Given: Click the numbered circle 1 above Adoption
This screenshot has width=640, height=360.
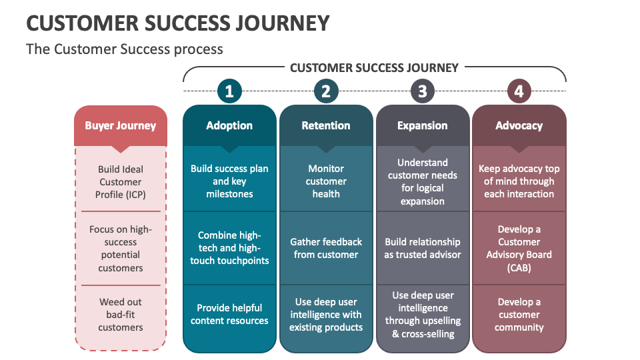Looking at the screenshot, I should [229, 91].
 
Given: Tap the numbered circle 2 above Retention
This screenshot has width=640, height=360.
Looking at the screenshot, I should [326, 91].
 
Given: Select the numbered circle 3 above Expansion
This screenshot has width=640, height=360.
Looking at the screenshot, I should [423, 91].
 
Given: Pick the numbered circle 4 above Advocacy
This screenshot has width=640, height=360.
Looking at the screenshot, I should [519, 91].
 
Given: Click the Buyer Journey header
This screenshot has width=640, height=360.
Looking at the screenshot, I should [120, 125].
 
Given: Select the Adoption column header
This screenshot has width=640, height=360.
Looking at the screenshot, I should [229, 125].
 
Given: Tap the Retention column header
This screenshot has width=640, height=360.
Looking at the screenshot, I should [326, 125].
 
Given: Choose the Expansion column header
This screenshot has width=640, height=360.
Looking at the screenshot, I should [423, 125].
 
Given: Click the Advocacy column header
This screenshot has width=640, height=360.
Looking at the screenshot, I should [519, 125].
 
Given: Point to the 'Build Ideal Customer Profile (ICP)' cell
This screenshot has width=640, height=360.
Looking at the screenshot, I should [120, 182].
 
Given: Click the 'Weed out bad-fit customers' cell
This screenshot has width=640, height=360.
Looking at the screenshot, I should [120, 315].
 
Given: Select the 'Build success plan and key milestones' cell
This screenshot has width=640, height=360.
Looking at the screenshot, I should [229, 181].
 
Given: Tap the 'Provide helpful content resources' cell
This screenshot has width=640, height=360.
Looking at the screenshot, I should [229, 315].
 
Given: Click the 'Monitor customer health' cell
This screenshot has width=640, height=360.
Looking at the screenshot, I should [326, 181].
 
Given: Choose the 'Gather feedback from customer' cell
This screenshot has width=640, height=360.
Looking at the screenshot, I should [326, 248].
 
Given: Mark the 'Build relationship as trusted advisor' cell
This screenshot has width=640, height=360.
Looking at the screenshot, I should [423, 248].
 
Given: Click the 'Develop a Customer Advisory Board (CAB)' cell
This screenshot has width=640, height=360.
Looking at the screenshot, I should [519, 248].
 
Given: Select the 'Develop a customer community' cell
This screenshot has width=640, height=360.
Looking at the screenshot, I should [519, 315].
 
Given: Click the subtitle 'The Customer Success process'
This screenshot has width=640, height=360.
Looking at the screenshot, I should [125, 49].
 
